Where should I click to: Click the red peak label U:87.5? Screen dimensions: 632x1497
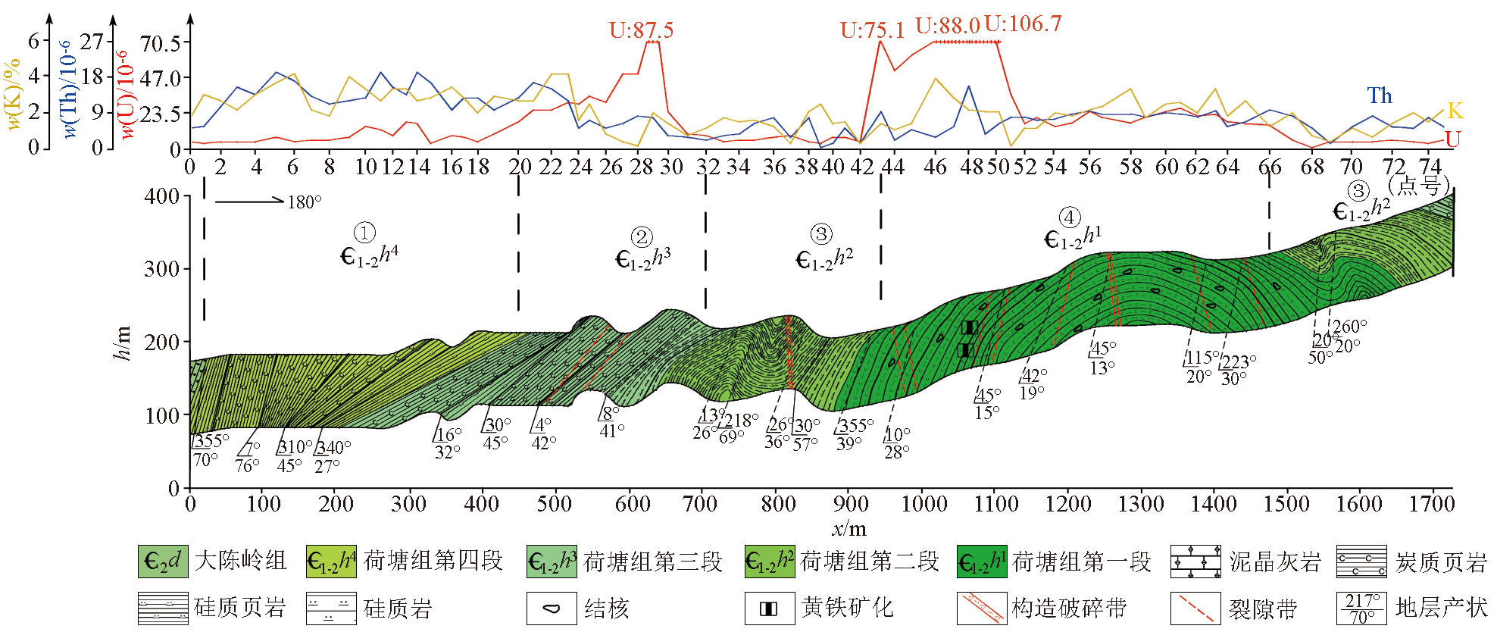tap(641, 30)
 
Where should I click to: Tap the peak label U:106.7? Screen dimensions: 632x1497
tap(1023, 24)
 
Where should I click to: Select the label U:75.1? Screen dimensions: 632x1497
tap(872, 30)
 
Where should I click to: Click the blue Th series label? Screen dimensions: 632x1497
tap(1380, 95)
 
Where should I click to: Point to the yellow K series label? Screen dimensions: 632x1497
tap(1455, 111)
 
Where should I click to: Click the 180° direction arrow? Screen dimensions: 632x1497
tap(249, 201)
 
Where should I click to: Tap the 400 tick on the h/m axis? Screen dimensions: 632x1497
tap(161, 196)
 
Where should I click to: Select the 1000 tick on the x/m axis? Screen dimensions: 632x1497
tap(923, 504)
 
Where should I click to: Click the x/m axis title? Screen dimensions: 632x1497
tap(849, 528)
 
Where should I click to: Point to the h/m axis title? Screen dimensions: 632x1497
tap(121, 343)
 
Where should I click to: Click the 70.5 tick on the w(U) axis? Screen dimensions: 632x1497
tap(161, 43)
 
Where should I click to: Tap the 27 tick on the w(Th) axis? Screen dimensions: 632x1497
tap(92, 42)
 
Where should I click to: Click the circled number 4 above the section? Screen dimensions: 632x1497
tap(1070, 218)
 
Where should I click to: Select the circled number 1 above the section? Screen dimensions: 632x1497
tap(364, 233)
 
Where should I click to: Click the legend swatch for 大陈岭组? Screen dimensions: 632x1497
tap(163, 562)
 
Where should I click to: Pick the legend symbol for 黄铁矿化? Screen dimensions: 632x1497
tap(769, 609)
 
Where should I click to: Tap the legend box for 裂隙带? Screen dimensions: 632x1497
tap(1195, 609)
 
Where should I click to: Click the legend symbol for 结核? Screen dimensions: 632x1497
tap(552, 609)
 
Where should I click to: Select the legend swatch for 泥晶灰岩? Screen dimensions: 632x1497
tap(1195, 562)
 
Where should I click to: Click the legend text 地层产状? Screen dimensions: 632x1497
tap(1441, 609)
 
